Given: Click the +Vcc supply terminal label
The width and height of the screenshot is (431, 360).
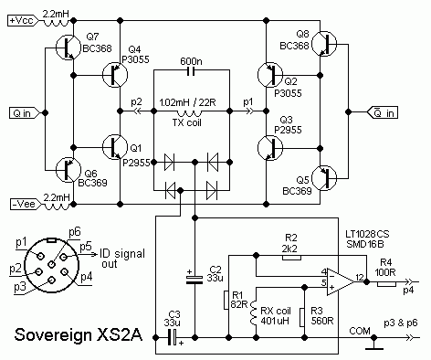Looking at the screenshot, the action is point(23,21).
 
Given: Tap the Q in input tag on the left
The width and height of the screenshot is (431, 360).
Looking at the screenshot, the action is point(25,113).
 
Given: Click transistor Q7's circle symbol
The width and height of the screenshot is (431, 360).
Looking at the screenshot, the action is point(68,48).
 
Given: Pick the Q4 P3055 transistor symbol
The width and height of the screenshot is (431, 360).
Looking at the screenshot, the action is point(115,75).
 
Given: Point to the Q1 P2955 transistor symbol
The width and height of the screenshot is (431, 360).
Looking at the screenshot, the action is point(115,147).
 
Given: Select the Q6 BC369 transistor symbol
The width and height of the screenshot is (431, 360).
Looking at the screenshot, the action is point(68,170).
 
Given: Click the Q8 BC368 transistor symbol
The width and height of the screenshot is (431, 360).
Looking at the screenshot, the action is point(324,44).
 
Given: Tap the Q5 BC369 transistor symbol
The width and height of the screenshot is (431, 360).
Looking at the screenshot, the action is point(324,178).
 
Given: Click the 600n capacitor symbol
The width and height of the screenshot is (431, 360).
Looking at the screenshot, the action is point(191,71).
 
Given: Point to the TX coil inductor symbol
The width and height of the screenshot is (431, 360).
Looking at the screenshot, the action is point(189,114).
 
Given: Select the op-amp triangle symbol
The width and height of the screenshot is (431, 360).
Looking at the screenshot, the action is point(341,282).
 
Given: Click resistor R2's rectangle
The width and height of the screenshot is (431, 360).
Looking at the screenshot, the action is point(292,258).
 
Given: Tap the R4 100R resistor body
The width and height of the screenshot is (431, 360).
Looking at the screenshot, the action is point(386,284).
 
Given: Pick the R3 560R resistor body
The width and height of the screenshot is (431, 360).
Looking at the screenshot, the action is point(301,317).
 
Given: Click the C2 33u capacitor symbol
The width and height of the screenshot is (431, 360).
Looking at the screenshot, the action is point(194,280).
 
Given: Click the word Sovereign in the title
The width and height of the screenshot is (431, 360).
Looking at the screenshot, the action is point(53,335).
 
